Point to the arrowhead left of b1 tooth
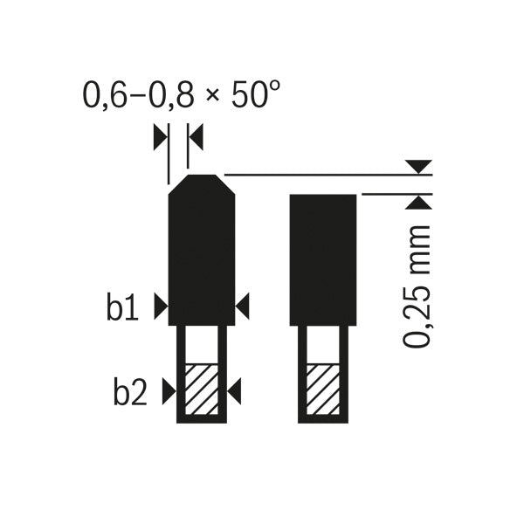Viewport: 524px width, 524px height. pos(160,306)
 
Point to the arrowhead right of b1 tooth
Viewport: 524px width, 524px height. pos(243,306)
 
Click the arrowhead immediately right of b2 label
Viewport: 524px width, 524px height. pos(168,394)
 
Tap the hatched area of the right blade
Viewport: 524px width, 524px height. pos(322,388)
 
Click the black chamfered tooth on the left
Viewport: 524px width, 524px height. pos(201,253)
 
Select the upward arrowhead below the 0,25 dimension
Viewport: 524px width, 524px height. pos(421,203)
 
